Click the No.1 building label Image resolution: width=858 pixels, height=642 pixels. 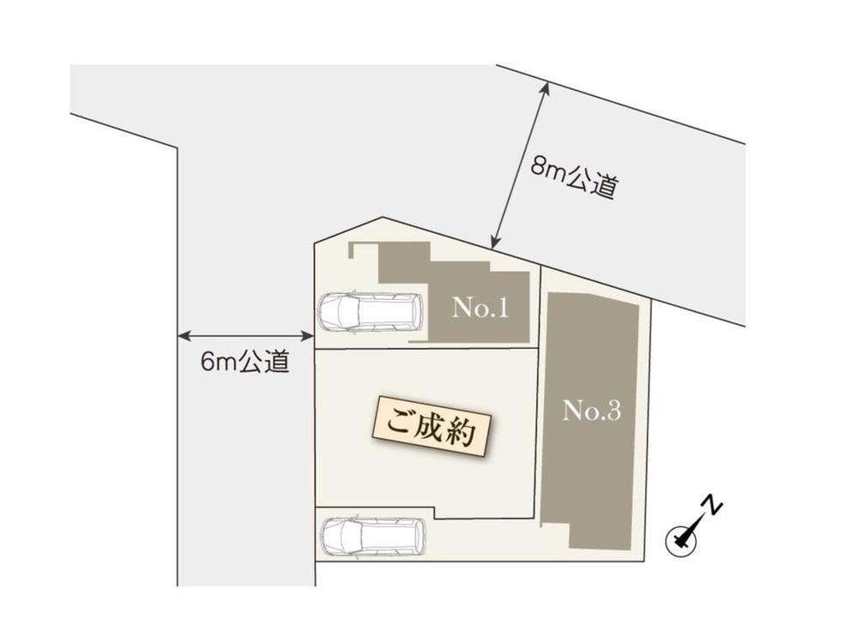pos(480,309)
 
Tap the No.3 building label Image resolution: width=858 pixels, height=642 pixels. pos(591,411)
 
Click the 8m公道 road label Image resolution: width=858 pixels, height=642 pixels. pos(573,177)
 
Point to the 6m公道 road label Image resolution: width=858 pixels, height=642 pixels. pos(245,363)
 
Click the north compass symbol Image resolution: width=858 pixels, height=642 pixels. pos(681,538)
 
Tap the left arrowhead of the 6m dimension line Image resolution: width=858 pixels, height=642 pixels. pos(181,336)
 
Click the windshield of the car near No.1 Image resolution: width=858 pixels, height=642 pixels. pos(344,313)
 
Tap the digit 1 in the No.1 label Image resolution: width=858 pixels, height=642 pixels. pos(502,309)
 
